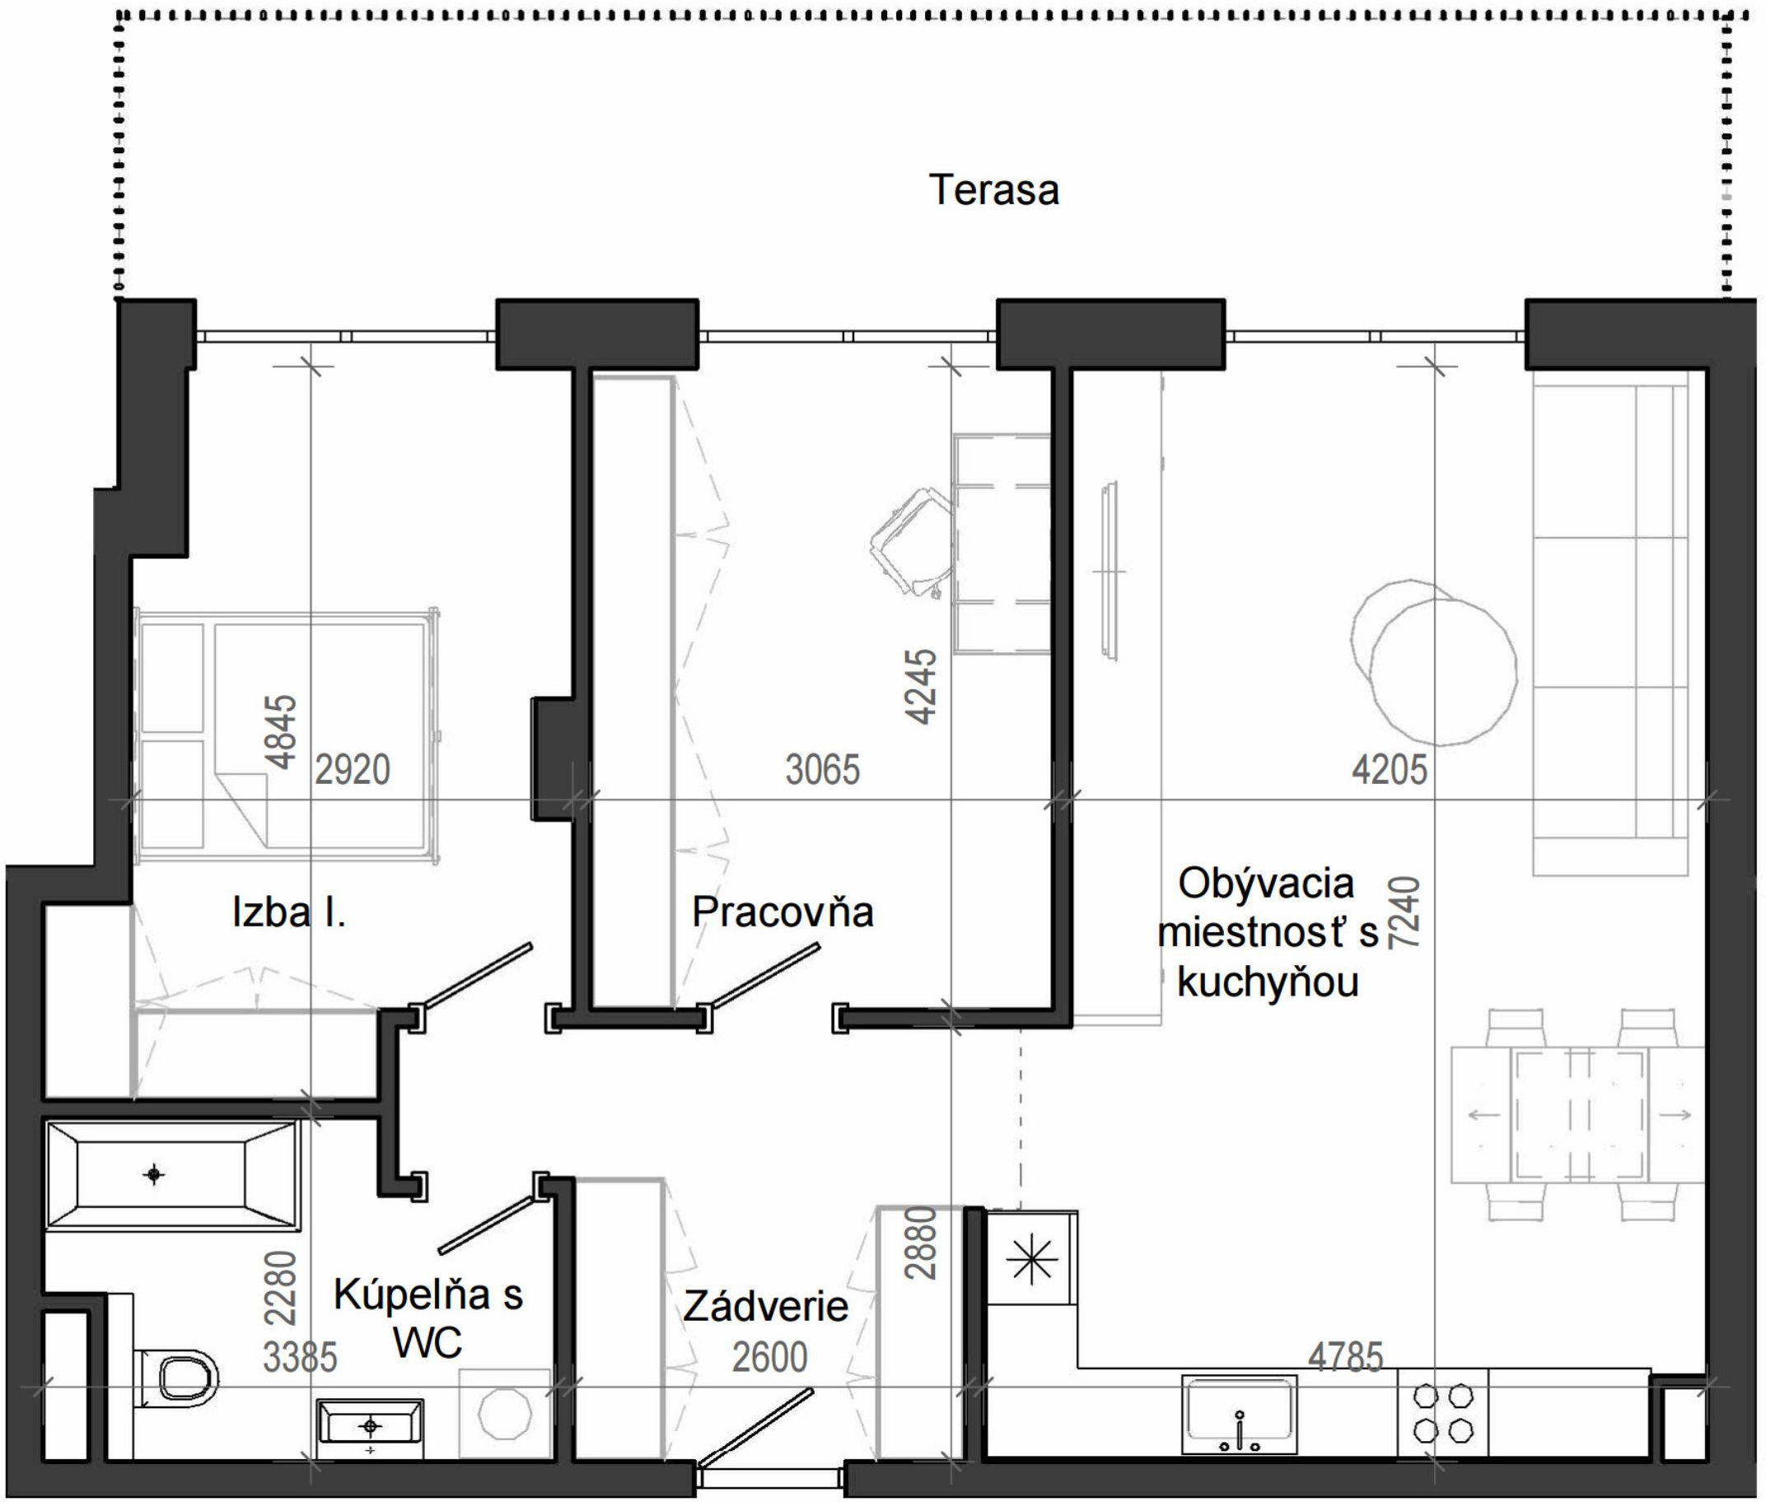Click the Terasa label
pos(993,190)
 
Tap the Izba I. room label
pos(288,912)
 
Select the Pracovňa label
pos(783,912)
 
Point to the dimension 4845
pos(282,732)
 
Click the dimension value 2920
pos(353,770)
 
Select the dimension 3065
pos(823,770)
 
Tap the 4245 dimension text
pos(923,687)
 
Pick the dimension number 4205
pos(1389,770)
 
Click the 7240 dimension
pos(1405,912)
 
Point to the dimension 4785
pos(1345,1357)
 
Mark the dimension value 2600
pos(770,1357)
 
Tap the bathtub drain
pos(154,1175)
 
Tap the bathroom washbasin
pos(371,1427)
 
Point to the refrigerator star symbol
pos(1032,1259)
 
